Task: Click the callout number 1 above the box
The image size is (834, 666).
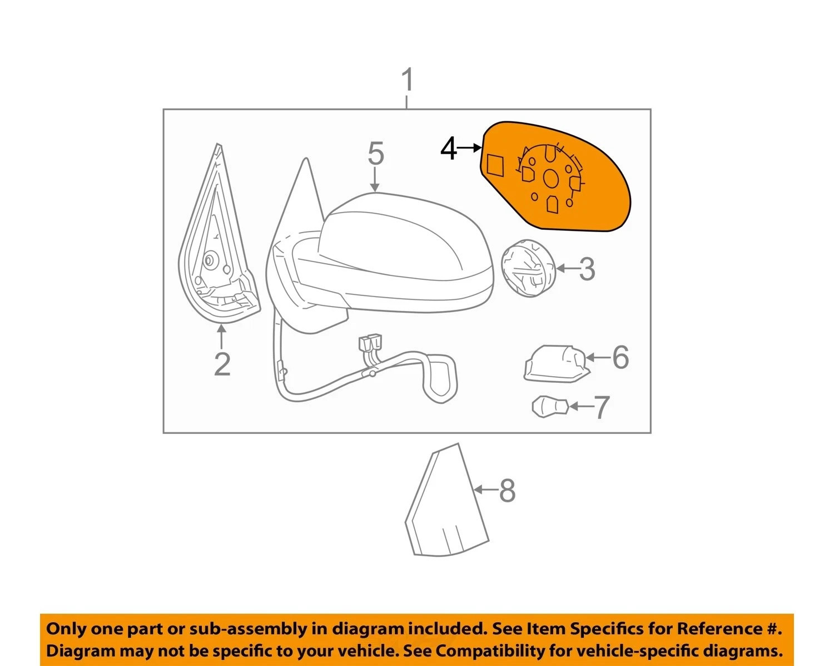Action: click(x=407, y=80)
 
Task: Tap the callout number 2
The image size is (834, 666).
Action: click(x=222, y=364)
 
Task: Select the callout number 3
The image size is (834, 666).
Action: click(x=587, y=269)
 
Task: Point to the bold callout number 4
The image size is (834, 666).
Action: click(x=448, y=150)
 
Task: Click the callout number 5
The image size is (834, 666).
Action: click(x=375, y=153)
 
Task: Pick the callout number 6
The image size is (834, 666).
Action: click(x=620, y=357)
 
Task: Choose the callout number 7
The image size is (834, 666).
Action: click(x=602, y=408)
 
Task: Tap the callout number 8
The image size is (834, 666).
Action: click(x=507, y=490)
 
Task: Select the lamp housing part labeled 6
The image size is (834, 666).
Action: click(x=557, y=363)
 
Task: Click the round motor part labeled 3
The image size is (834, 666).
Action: click(x=529, y=268)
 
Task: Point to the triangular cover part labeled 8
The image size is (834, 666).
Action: click(x=447, y=500)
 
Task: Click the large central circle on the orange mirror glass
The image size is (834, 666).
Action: click(x=550, y=178)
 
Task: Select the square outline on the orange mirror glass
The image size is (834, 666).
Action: click(x=495, y=165)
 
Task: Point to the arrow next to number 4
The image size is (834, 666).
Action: click(x=469, y=148)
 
